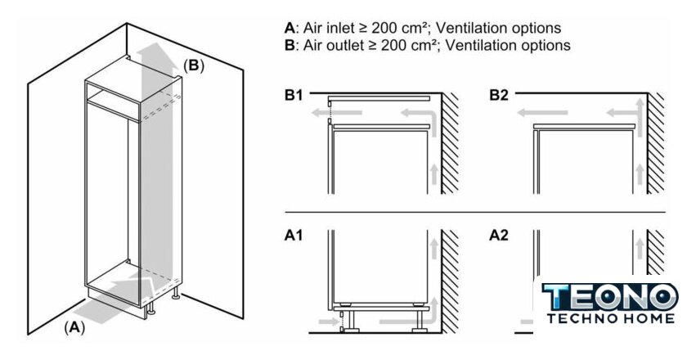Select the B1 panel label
pos(294,96)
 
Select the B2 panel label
pos(499,96)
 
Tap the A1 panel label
pos(294,236)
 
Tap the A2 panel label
pos(499,236)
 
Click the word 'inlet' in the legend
pos(335,29)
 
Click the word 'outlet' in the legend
pos(339,46)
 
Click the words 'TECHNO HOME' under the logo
pos(610,318)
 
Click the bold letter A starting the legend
pos(289,29)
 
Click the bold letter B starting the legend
pos(289,46)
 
